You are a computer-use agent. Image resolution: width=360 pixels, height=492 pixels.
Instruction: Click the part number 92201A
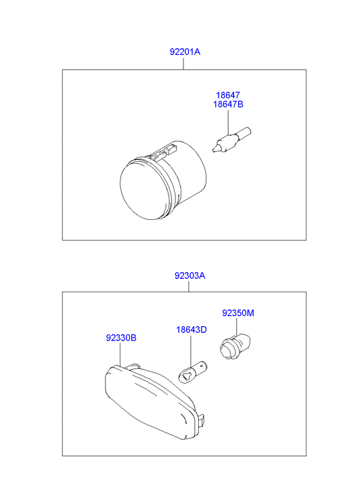[x=185, y=51]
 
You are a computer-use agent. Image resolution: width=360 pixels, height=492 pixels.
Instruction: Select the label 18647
[x=228, y=95]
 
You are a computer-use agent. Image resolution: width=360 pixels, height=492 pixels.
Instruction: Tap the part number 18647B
[x=228, y=104]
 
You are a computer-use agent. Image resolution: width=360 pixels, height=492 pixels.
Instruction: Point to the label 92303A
[x=190, y=275]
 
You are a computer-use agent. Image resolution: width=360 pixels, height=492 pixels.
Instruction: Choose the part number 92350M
[x=238, y=313]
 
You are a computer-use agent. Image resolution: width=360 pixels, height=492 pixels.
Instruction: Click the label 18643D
[x=191, y=330]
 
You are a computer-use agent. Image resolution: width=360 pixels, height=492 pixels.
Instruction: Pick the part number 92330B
[x=121, y=338]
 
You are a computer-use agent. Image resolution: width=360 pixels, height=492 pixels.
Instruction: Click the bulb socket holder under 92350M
[x=234, y=347]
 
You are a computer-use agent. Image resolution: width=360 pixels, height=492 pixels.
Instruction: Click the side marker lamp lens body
[x=152, y=401]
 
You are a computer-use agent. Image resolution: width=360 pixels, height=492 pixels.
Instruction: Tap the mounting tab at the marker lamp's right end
[x=203, y=419]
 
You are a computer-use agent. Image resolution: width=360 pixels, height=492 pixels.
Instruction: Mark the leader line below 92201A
[x=183, y=63]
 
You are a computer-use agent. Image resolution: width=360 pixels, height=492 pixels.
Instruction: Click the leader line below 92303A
[x=189, y=286]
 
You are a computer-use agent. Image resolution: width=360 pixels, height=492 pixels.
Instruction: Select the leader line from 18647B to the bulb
[x=229, y=122]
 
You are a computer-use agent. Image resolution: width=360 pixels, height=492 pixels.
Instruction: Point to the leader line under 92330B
[x=120, y=354]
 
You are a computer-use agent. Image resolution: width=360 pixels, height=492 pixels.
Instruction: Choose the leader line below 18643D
[x=191, y=351]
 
